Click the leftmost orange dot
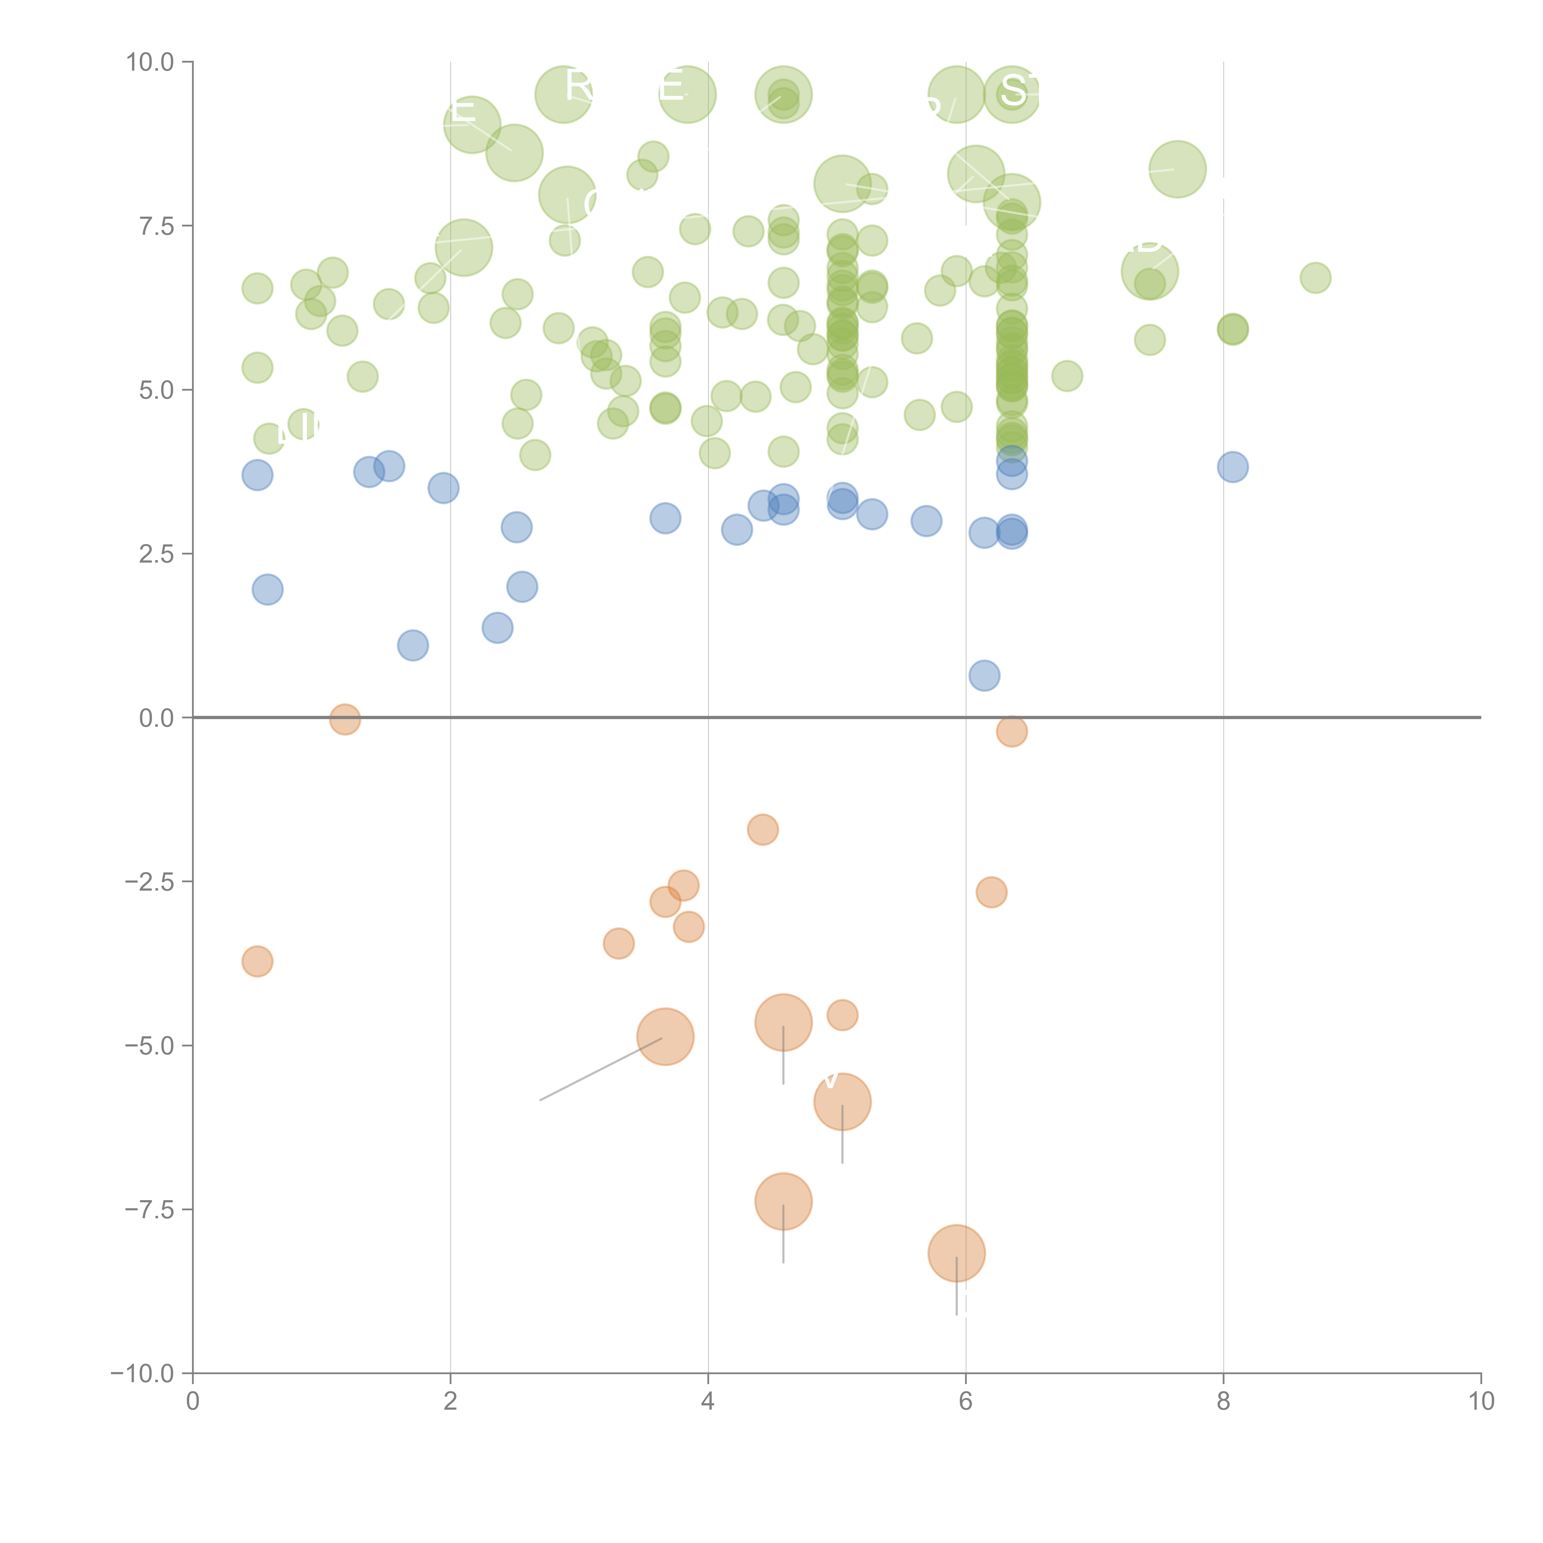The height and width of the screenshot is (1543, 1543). coord(257,962)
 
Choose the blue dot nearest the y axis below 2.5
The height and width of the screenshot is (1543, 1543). coord(268,589)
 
